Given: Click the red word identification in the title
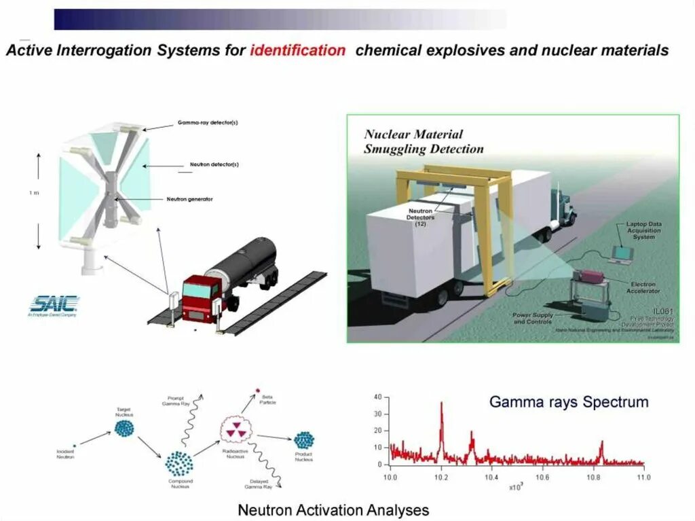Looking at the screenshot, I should coord(297,50).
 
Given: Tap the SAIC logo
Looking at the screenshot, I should coord(55,303).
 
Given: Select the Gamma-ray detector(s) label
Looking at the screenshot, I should coord(208,123).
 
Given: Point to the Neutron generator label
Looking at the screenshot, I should coord(190,199).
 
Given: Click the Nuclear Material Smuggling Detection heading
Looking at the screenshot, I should coord(424,141).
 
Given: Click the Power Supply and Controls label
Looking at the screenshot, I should coord(533,318).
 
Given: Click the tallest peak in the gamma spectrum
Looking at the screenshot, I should coord(441,403).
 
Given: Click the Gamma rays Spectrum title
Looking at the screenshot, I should coord(569,402).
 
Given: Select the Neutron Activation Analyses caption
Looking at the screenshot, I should coord(333,509).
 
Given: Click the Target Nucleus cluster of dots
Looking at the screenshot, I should coord(124,428).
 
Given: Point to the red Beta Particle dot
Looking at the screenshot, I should coord(257,390).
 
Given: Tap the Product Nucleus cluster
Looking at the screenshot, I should coord(303,440).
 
